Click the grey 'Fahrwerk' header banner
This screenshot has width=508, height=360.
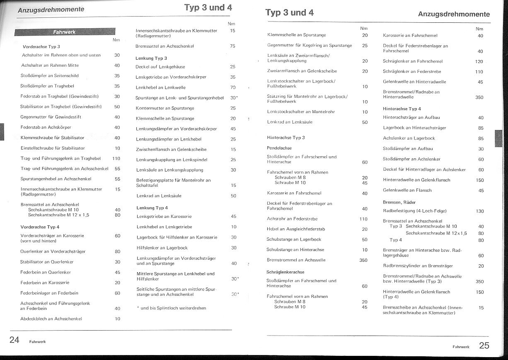tap(65, 32)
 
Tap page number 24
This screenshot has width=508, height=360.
tap(15, 340)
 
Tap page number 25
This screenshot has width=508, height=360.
tap(484, 346)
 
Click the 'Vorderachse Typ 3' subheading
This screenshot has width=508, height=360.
tap(41, 47)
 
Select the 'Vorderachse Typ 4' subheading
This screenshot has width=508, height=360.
tap(40, 227)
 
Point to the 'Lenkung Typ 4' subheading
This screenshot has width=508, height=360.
tap(152, 208)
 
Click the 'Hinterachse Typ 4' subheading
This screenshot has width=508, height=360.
tap(402, 109)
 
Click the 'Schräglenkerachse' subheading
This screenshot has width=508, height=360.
tap(285, 272)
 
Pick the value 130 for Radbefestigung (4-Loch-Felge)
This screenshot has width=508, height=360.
tap(480, 211)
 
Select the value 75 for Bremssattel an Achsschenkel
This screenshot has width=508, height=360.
tap(232, 46)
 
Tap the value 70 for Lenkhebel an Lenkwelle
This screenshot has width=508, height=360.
tap(233, 88)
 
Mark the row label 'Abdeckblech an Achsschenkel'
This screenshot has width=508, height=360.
tap(51, 319)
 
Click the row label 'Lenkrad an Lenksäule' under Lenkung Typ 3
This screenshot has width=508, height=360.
tap(159, 196)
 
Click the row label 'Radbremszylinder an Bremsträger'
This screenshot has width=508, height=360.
tap(418, 266)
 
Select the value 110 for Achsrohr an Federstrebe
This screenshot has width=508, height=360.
tap(363, 219)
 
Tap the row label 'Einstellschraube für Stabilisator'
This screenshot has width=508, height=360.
tap(53, 148)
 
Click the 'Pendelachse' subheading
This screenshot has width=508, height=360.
tap(279, 148)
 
